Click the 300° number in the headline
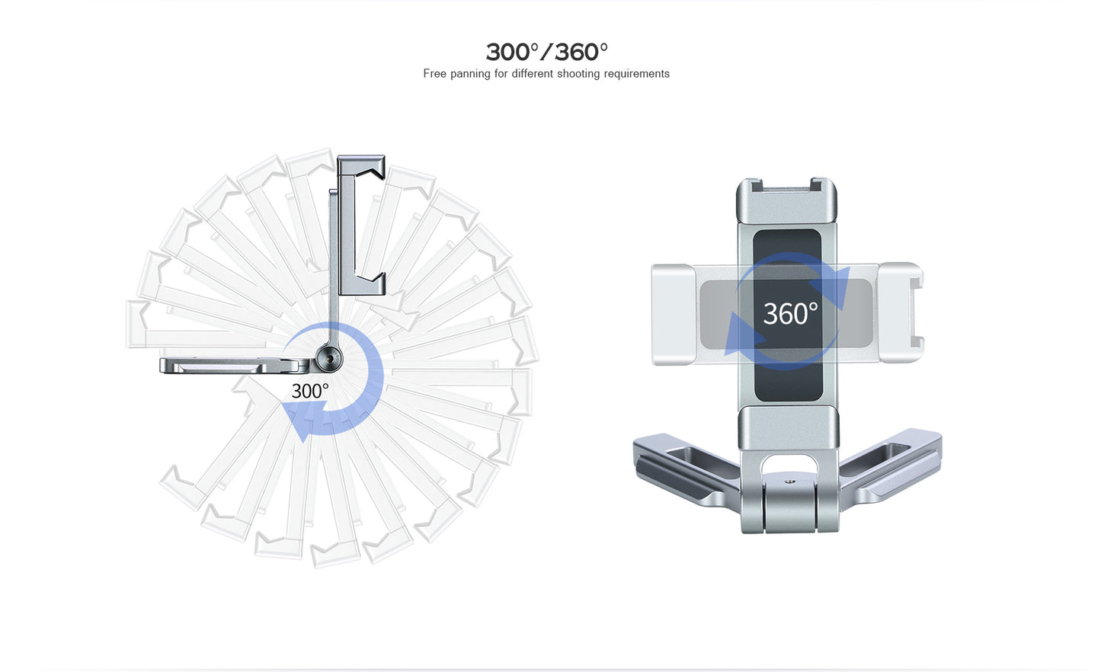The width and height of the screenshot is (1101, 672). [513, 52]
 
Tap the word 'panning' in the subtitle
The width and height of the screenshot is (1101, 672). [470, 74]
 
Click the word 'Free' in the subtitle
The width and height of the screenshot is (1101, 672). [434, 73]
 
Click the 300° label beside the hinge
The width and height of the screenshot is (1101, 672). [309, 392]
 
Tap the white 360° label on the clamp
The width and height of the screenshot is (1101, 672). [790, 314]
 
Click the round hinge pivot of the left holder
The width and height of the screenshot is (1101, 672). [329, 358]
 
